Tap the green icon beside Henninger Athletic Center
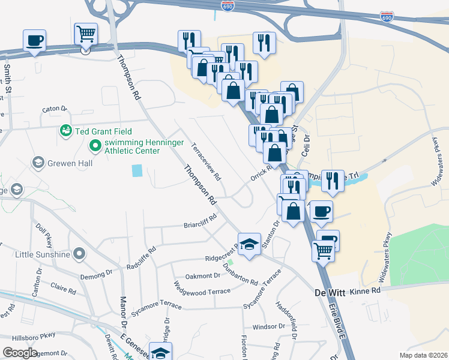(95, 145)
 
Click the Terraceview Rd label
(206, 161)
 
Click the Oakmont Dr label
(203, 276)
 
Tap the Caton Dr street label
(54, 109)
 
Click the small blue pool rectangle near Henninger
(137, 171)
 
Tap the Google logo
(20, 353)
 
